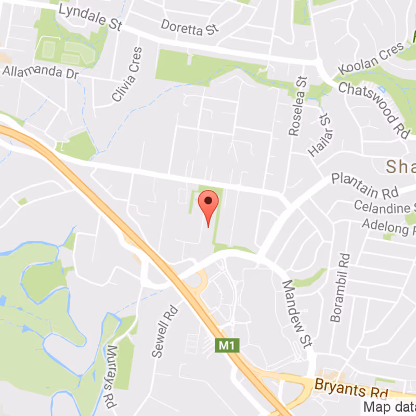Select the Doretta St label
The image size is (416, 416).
tap(188, 27)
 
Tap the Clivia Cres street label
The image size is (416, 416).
tap(126, 81)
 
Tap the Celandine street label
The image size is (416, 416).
tap(385, 206)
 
